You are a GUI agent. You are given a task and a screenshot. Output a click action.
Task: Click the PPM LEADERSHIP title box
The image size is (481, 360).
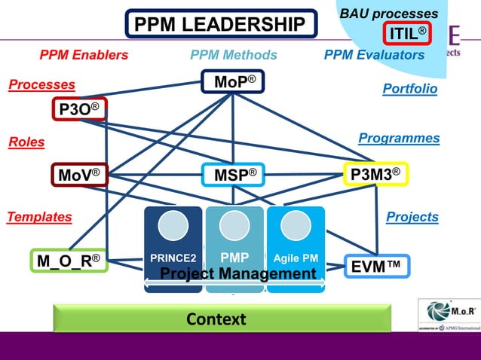click(x=219, y=25)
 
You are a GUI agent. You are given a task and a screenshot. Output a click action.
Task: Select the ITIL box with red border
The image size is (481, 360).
click(x=407, y=33)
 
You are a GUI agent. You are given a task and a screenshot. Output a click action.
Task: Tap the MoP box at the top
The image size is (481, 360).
click(x=233, y=81)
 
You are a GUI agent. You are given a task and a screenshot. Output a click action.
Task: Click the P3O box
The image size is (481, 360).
click(x=79, y=110)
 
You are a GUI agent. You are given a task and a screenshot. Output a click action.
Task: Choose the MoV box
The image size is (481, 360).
click(x=79, y=175)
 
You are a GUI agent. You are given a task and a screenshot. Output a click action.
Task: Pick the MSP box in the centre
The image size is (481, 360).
click(x=233, y=175)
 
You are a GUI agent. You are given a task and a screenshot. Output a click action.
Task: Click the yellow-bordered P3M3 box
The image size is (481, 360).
click(x=375, y=175)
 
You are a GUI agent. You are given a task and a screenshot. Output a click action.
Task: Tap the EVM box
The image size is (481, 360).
click(x=376, y=266)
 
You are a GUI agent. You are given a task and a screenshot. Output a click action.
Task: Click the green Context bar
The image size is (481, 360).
click(x=222, y=319)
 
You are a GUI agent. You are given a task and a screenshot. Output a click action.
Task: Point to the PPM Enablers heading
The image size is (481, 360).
click(x=84, y=55)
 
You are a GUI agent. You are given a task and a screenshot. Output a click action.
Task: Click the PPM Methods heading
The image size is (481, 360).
click(x=234, y=55)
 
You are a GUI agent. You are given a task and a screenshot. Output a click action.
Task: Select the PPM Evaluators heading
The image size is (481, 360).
click(x=374, y=55)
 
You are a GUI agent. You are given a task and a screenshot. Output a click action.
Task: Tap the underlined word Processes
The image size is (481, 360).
click(x=41, y=85)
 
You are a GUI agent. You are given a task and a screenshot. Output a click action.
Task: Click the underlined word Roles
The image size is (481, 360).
click(x=26, y=142)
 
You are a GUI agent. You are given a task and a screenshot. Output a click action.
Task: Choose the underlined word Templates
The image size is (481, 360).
click(x=39, y=217)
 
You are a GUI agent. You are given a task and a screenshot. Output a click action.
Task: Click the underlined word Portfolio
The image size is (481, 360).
click(x=409, y=89)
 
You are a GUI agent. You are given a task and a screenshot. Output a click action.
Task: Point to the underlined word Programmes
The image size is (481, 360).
click(x=399, y=139)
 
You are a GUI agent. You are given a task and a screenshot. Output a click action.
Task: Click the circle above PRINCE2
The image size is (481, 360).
click(x=173, y=226)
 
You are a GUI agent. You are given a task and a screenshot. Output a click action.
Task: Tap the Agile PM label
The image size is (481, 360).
click(x=296, y=258)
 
